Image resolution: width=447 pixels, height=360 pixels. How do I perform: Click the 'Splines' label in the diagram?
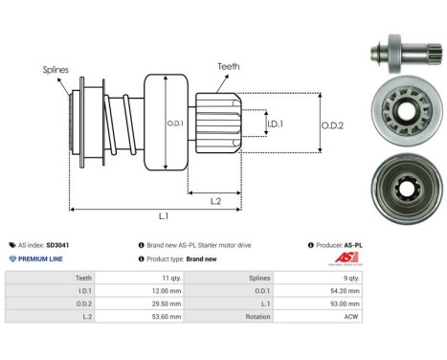pyautogui.click(x=56, y=70)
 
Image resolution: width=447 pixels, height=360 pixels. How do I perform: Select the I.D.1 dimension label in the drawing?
pyautogui.click(x=274, y=124)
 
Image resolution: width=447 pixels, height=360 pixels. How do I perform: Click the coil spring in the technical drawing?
pyautogui.click(x=120, y=121)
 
